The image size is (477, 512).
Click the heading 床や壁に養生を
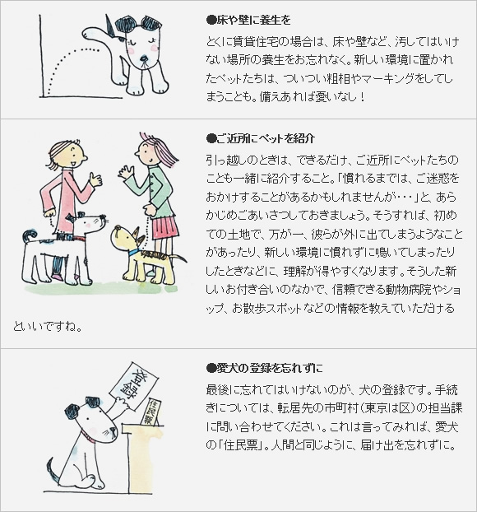(248, 21)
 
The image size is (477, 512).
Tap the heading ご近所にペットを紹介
(261, 138)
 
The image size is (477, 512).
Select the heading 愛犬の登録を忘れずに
(265, 368)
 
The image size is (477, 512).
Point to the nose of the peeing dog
(144, 58)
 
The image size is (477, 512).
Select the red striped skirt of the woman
(165, 226)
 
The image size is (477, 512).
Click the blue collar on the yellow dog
(134, 252)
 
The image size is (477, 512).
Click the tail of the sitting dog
(53, 471)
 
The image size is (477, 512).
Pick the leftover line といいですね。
(48, 327)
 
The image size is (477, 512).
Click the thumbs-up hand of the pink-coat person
(96, 179)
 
